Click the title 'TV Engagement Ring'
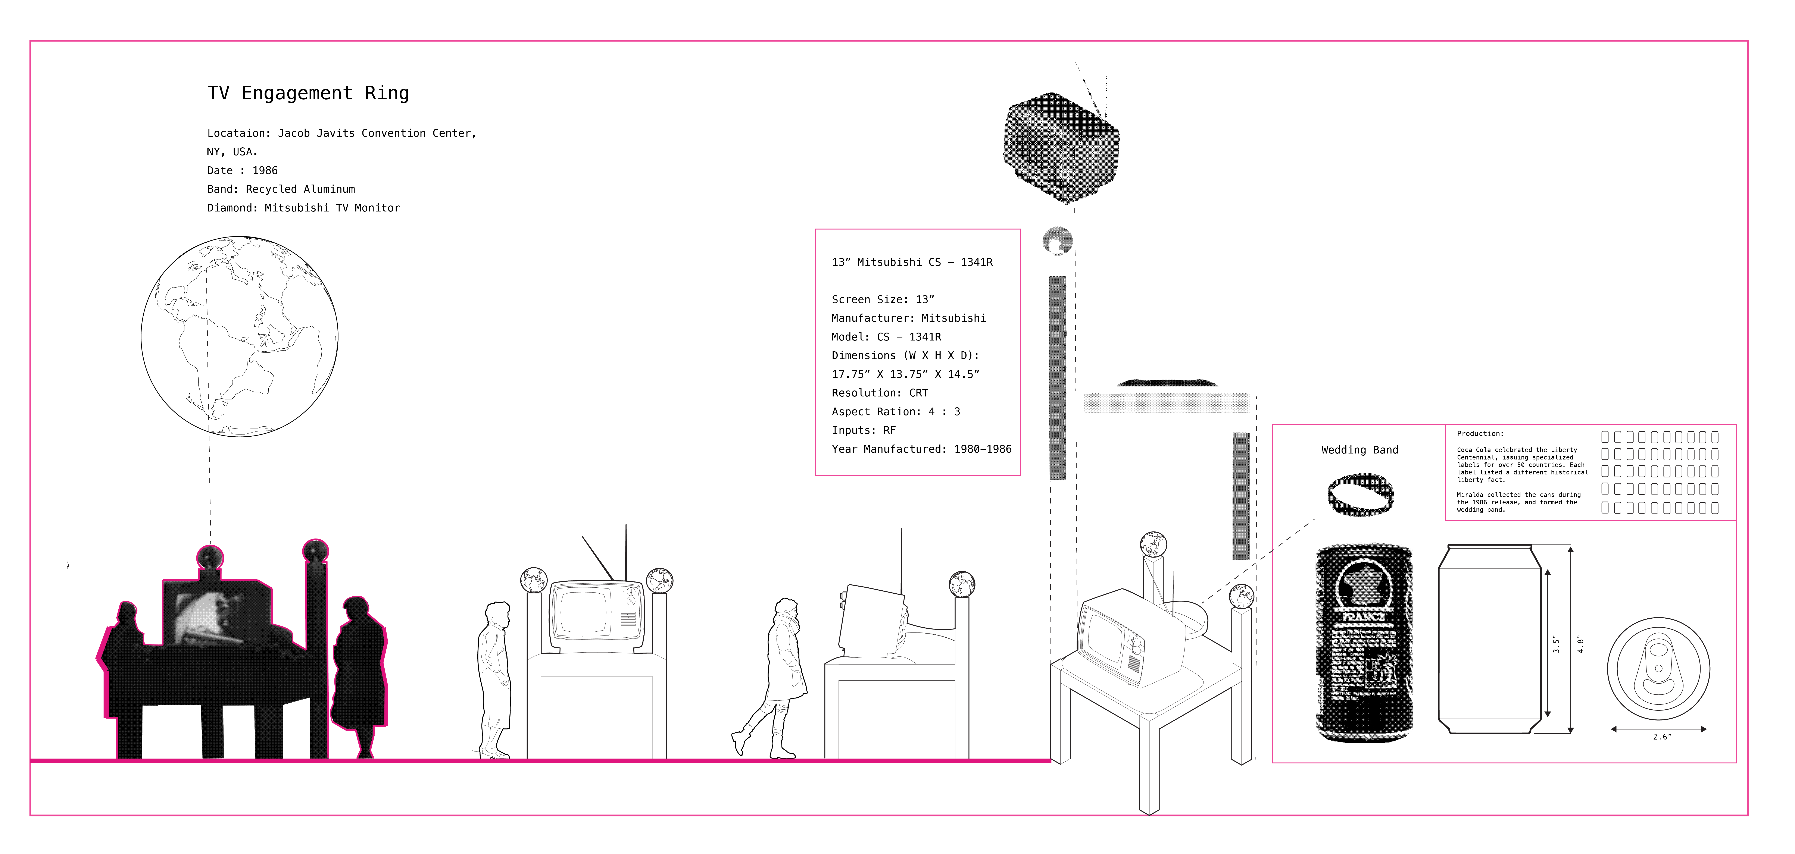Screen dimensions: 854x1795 point(308,93)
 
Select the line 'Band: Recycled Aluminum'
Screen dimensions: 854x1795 point(281,189)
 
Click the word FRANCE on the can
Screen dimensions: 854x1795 point(1364,617)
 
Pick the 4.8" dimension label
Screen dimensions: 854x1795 point(1580,644)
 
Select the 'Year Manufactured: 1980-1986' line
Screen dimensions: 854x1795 point(921,449)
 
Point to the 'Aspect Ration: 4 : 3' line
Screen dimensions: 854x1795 point(895,412)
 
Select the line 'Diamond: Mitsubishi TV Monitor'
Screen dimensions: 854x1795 point(303,208)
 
